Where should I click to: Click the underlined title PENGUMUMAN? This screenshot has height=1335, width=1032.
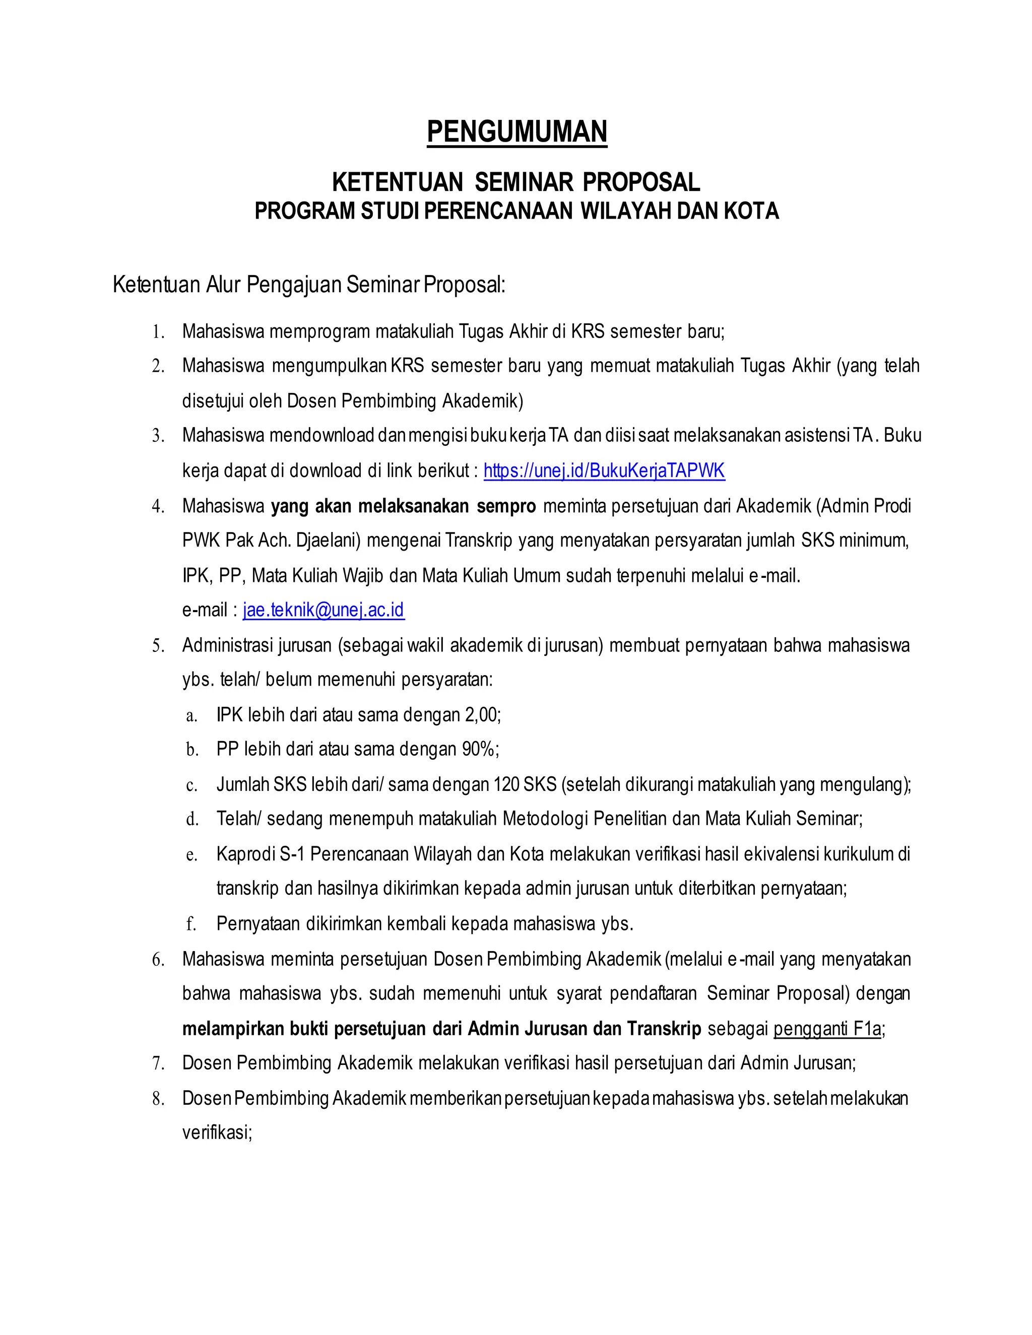[x=517, y=132]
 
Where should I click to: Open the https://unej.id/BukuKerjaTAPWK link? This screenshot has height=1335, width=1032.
[x=604, y=471]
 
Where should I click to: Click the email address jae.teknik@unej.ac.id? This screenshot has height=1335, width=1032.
[x=324, y=610]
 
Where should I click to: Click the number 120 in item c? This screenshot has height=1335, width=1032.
[x=506, y=784]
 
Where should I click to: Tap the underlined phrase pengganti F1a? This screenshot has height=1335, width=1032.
[x=827, y=1029]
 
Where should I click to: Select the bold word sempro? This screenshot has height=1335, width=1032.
[x=505, y=506]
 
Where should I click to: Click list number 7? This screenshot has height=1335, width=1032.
[x=158, y=1064]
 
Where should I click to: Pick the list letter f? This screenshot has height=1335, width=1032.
[x=191, y=924]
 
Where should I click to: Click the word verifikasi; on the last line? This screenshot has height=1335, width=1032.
[x=217, y=1132]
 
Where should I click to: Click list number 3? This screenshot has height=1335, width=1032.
[x=158, y=436]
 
